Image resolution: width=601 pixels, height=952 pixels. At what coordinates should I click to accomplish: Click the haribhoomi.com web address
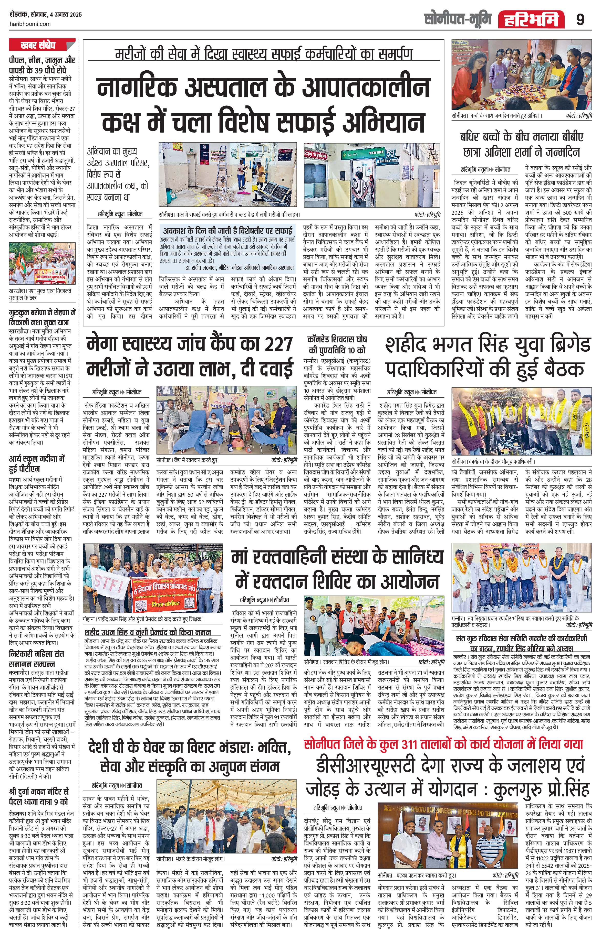click(30, 24)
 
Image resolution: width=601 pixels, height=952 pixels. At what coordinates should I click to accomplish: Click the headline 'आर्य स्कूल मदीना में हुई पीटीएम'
click(37, 464)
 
